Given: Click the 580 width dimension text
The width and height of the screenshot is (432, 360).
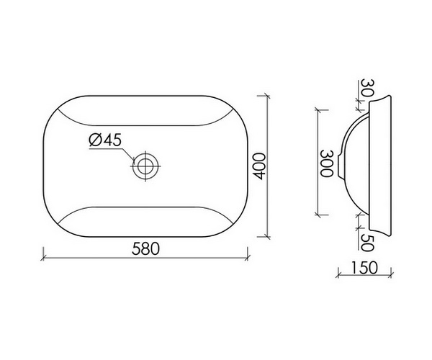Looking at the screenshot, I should tap(145, 246).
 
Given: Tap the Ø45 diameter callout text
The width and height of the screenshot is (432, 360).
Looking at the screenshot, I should tap(104, 141).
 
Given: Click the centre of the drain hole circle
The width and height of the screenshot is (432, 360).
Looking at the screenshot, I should tap(145, 166).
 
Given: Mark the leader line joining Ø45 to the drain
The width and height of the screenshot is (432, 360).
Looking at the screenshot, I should tap(127, 153).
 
